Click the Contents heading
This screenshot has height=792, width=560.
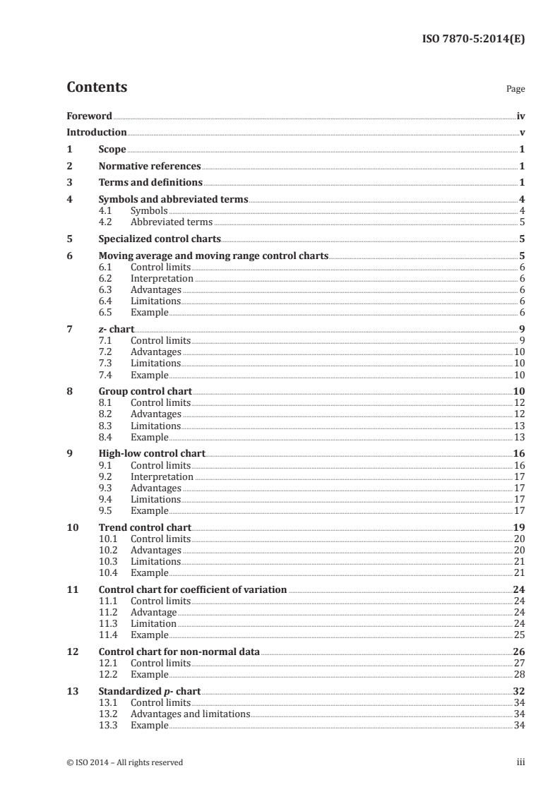point(97,88)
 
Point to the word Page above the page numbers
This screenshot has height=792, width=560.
point(515,90)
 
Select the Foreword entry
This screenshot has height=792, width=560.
point(89,115)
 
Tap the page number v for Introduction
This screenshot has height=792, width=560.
point(521,133)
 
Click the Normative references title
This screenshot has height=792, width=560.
point(150,167)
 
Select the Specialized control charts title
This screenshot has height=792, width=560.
point(160,239)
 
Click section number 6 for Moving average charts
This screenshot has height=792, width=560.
point(69,256)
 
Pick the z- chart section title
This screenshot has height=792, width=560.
point(117,328)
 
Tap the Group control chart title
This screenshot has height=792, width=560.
point(145,391)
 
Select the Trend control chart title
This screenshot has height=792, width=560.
point(145,527)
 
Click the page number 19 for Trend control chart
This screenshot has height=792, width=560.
point(518,527)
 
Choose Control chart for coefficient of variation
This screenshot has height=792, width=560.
point(192,589)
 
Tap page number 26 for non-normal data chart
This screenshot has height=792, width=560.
point(518,652)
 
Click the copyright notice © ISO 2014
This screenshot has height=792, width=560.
point(124,762)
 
